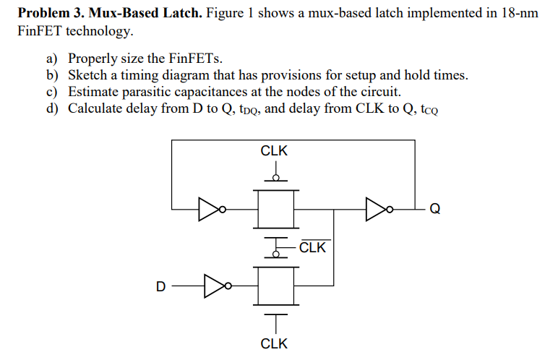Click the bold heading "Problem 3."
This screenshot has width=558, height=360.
(x=49, y=14)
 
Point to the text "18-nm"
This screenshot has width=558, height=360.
(x=519, y=14)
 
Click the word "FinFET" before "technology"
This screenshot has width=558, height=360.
(x=38, y=32)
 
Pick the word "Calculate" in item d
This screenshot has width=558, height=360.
(x=96, y=108)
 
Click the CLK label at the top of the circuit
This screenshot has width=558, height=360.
(x=274, y=152)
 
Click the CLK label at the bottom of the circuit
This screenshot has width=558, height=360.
(x=274, y=343)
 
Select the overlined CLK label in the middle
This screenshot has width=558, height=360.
(x=313, y=249)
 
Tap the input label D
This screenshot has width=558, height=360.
(x=160, y=286)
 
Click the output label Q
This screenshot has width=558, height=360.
(x=434, y=210)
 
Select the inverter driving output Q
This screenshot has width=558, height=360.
(x=379, y=210)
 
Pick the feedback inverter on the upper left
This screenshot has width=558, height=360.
(x=212, y=210)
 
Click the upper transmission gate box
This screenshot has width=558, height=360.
(x=275, y=210)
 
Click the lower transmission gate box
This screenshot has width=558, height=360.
(x=275, y=286)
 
